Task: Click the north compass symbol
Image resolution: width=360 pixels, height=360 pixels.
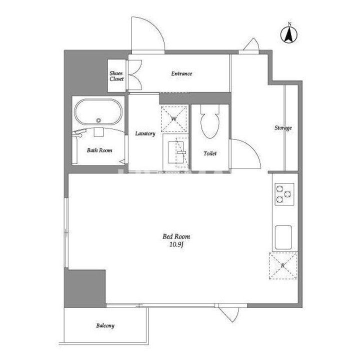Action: coord(289,34)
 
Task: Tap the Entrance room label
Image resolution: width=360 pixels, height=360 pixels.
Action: coord(181,73)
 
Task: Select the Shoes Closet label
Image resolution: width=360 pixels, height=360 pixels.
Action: coord(116,76)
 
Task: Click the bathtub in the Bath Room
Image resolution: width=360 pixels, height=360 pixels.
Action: coord(98,112)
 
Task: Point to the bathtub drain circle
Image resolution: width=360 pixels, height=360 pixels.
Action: coord(98,120)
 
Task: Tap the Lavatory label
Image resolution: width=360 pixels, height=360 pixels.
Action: coord(145,133)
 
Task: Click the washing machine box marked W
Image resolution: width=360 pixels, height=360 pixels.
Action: coord(174,119)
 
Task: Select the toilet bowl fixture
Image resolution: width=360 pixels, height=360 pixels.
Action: coord(210,121)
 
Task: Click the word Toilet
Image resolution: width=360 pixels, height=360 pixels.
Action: coord(210,153)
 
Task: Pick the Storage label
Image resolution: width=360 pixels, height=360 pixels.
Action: coord(283,128)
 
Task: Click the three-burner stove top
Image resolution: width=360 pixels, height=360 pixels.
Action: coord(284,194)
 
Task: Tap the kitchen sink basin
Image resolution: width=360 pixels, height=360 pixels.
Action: coord(283,237)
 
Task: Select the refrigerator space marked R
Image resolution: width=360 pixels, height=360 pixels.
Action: coord(283,265)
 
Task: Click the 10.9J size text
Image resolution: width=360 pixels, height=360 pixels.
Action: coord(176,244)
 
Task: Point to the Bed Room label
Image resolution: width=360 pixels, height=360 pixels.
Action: coord(176,236)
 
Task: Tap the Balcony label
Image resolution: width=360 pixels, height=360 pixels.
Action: coord(105,325)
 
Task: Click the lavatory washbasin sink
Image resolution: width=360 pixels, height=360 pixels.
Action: coord(176,152)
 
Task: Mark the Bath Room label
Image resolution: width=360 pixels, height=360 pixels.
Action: coord(99,150)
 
